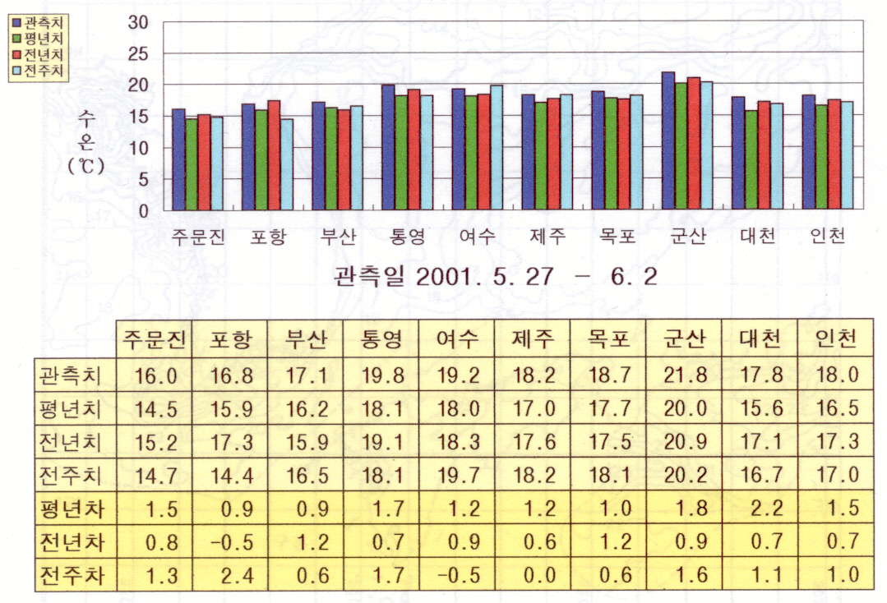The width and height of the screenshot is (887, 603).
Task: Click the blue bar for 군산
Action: (x=668, y=140)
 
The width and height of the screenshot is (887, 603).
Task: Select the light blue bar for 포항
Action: (x=286, y=164)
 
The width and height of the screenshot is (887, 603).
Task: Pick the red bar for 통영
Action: (x=413, y=150)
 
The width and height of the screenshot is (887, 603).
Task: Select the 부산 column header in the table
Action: (x=306, y=339)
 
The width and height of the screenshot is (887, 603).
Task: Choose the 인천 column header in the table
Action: (x=837, y=339)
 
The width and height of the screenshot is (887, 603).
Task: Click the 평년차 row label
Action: (x=70, y=506)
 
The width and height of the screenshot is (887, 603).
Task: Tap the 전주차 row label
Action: (x=70, y=574)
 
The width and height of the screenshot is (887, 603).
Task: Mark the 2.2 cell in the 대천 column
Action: (x=762, y=506)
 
